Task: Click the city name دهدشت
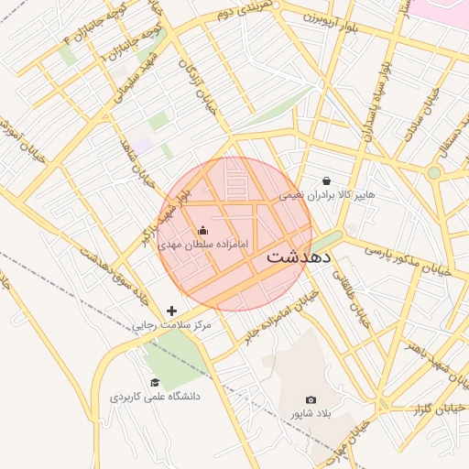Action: click(300, 258)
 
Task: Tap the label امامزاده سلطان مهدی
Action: click(203, 245)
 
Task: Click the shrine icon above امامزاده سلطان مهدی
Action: click(202, 230)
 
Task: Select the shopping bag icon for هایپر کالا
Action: click(327, 180)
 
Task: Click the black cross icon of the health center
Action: click(171, 311)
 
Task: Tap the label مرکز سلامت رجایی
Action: click(171, 325)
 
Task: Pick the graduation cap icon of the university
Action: click(155, 382)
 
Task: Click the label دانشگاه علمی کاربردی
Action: click(155, 397)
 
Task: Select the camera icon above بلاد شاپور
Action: click(311, 400)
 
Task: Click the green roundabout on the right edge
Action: click(434, 171)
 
